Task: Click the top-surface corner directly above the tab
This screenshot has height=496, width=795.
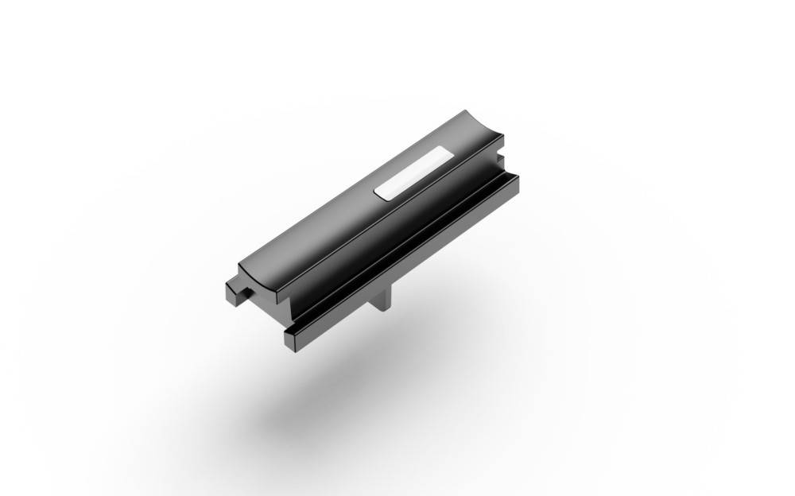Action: point(241,265)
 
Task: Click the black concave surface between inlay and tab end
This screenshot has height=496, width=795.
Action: point(318,231)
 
